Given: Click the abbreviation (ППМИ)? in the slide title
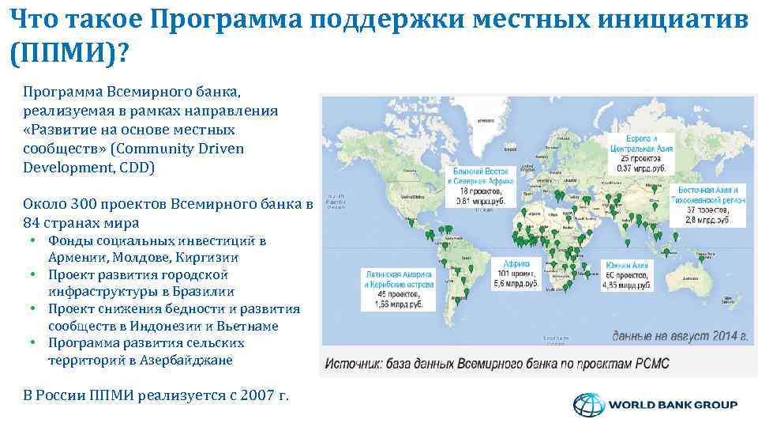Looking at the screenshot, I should click(x=70, y=54).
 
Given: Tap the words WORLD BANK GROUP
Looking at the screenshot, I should click(x=673, y=405).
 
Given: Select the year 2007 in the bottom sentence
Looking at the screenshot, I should click(x=254, y=395).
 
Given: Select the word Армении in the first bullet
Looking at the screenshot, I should click(x=76, y=258).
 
